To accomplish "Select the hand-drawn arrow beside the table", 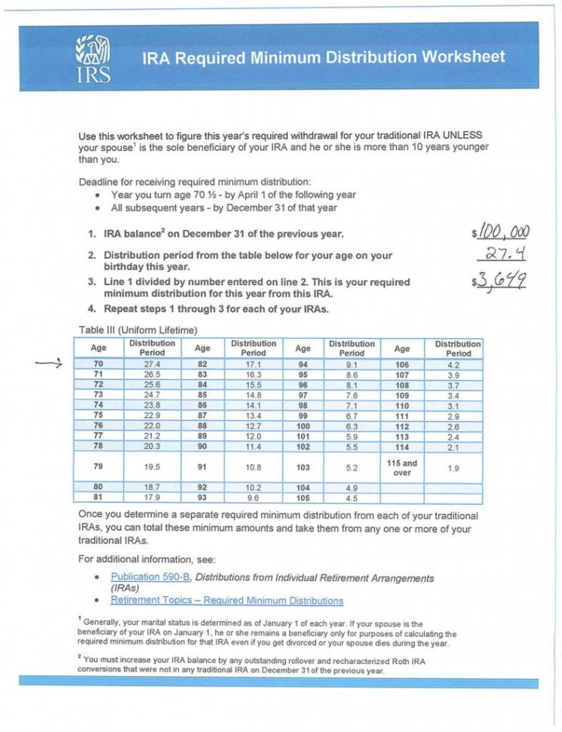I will [x=49, y=364].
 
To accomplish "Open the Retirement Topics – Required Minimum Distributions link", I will [x=226, y=601].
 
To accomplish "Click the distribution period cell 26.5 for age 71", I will [x=152, y=374].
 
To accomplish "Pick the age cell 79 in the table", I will [x=98, y=467].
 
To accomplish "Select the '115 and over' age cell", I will [x=402, y=467].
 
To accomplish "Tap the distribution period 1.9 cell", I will [x=453, y=467].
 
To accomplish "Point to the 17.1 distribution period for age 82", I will [x=253, y=364].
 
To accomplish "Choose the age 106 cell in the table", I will [x=402, y=364].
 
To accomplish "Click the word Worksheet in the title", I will [x=463, y=57].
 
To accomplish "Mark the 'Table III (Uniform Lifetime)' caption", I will [x=137, y=329].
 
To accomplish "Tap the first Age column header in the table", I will [x=98, y=348].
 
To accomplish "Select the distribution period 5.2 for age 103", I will [x=352, y=467].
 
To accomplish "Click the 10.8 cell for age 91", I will [x=253, y=467].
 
